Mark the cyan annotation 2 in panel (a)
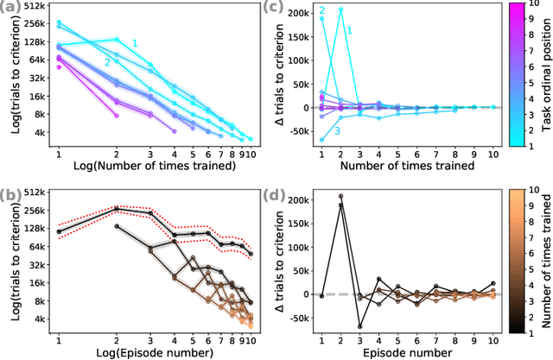point(107,62)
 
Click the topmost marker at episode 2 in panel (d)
point(340,196)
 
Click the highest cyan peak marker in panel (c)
point(340,9)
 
